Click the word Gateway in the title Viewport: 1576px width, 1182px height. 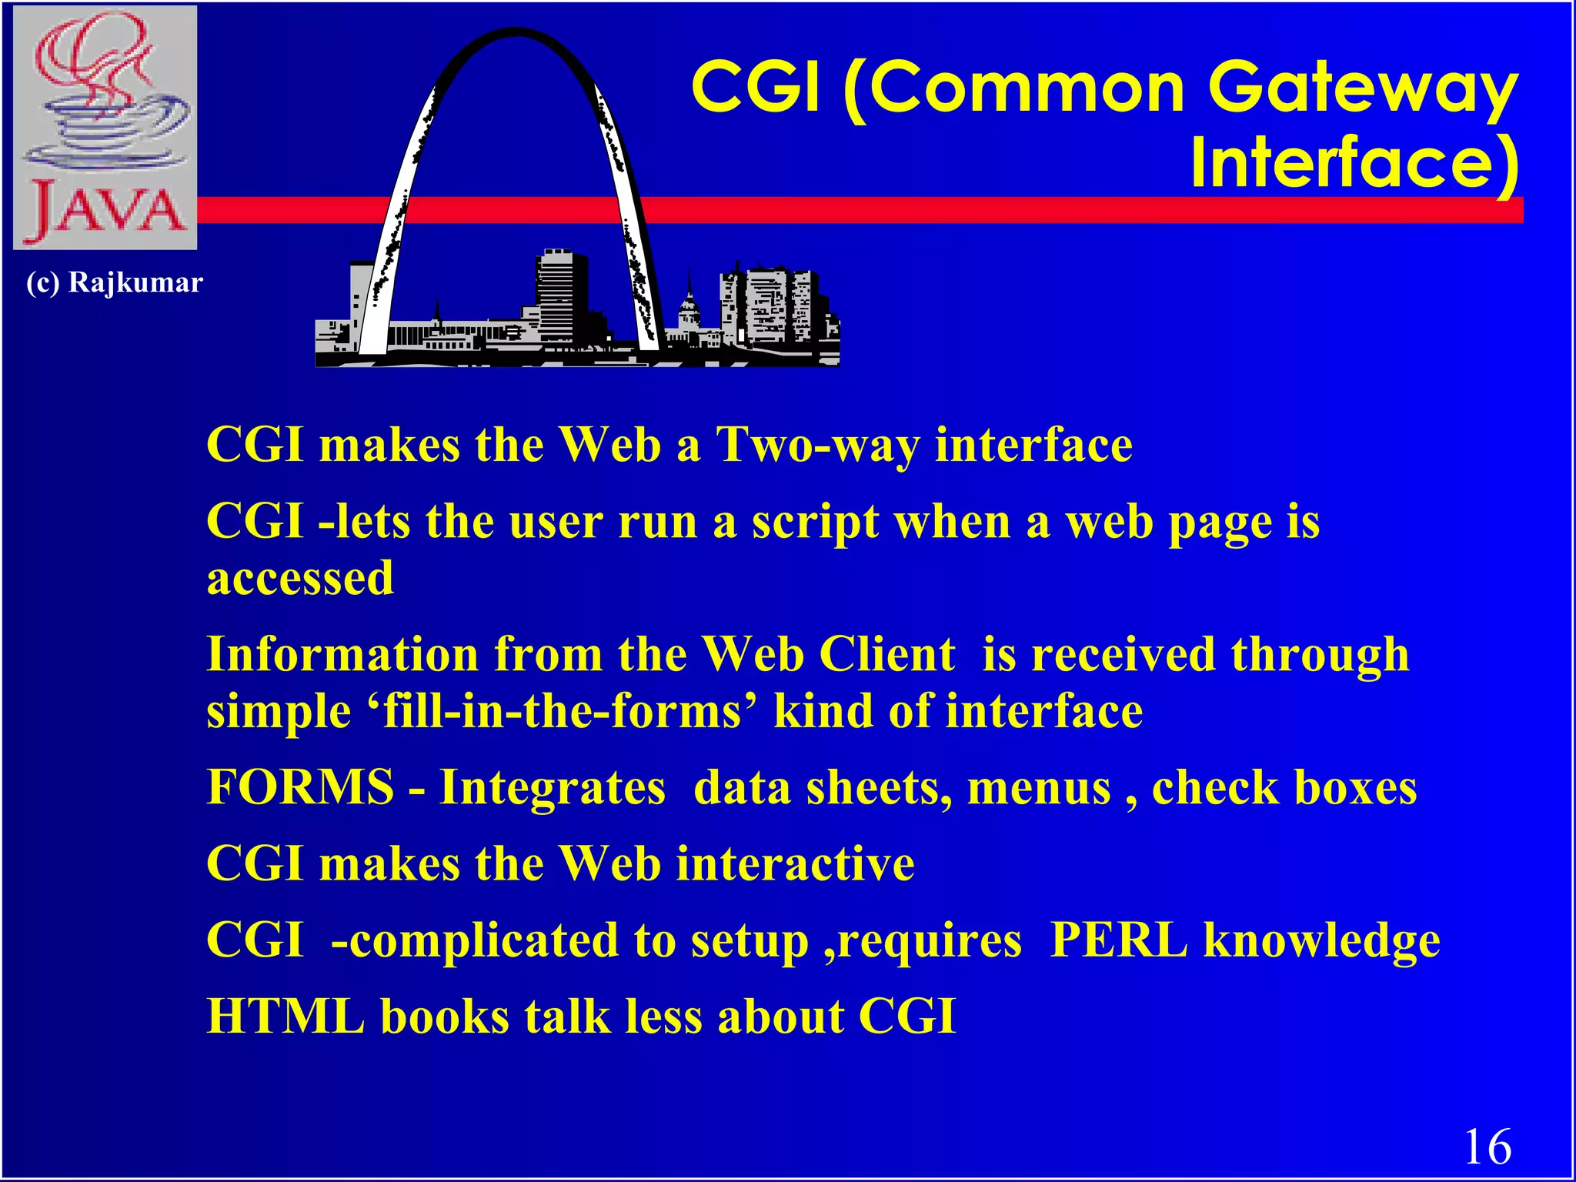pyautogui.click(x=1363, y=88)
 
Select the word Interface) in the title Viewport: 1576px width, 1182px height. pyautogui.click(x=1354, y=163)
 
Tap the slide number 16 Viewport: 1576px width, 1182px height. pyautogui.click(x=1487, y=1147)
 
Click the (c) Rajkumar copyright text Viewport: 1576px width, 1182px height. pyautogui.click(x=115, y=282)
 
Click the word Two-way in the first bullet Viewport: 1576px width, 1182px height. pyautogui.click(x=817, y=446)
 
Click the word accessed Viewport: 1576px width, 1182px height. pyautogui.click(x=300, y=578)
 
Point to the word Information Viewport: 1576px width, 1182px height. pyautogui.click(x=342, y=655)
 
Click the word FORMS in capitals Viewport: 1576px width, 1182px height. pyautogui.click(x=300, y=787)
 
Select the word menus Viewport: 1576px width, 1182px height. pyautogui.click(x=1039, y=789)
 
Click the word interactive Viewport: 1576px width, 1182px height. pyautogui.click(x=796, y=863)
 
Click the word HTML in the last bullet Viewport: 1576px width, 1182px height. pyautogui.click(x=285, y=1017)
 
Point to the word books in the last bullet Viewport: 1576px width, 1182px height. pyautogui.click(x=445, y=1017)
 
